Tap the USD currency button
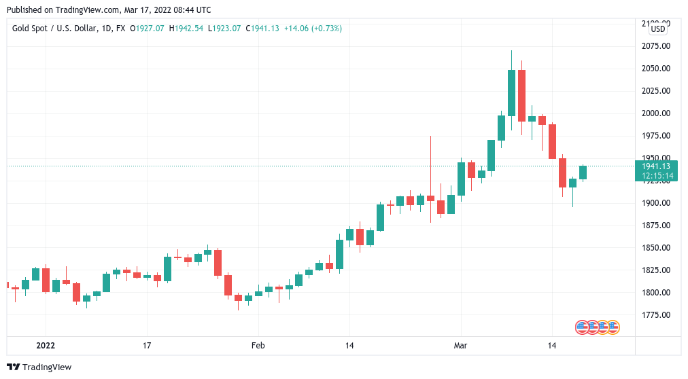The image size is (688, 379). (x=657, y=29)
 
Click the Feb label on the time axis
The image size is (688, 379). (x=258, y=346)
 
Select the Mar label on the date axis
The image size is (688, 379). (x=460, y=346)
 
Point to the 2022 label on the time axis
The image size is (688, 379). (x=46, y=346)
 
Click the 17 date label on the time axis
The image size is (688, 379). (x=146, y=346)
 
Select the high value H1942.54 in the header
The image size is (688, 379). (x=186, y=29)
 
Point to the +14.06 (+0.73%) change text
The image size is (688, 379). (x=313, y=29)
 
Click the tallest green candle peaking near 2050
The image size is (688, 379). (x=511, y=93)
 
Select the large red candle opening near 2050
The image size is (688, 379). (x=521, y=96)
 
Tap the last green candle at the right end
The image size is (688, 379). (x=583, y=173)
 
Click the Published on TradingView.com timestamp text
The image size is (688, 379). (x=109, y=10)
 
